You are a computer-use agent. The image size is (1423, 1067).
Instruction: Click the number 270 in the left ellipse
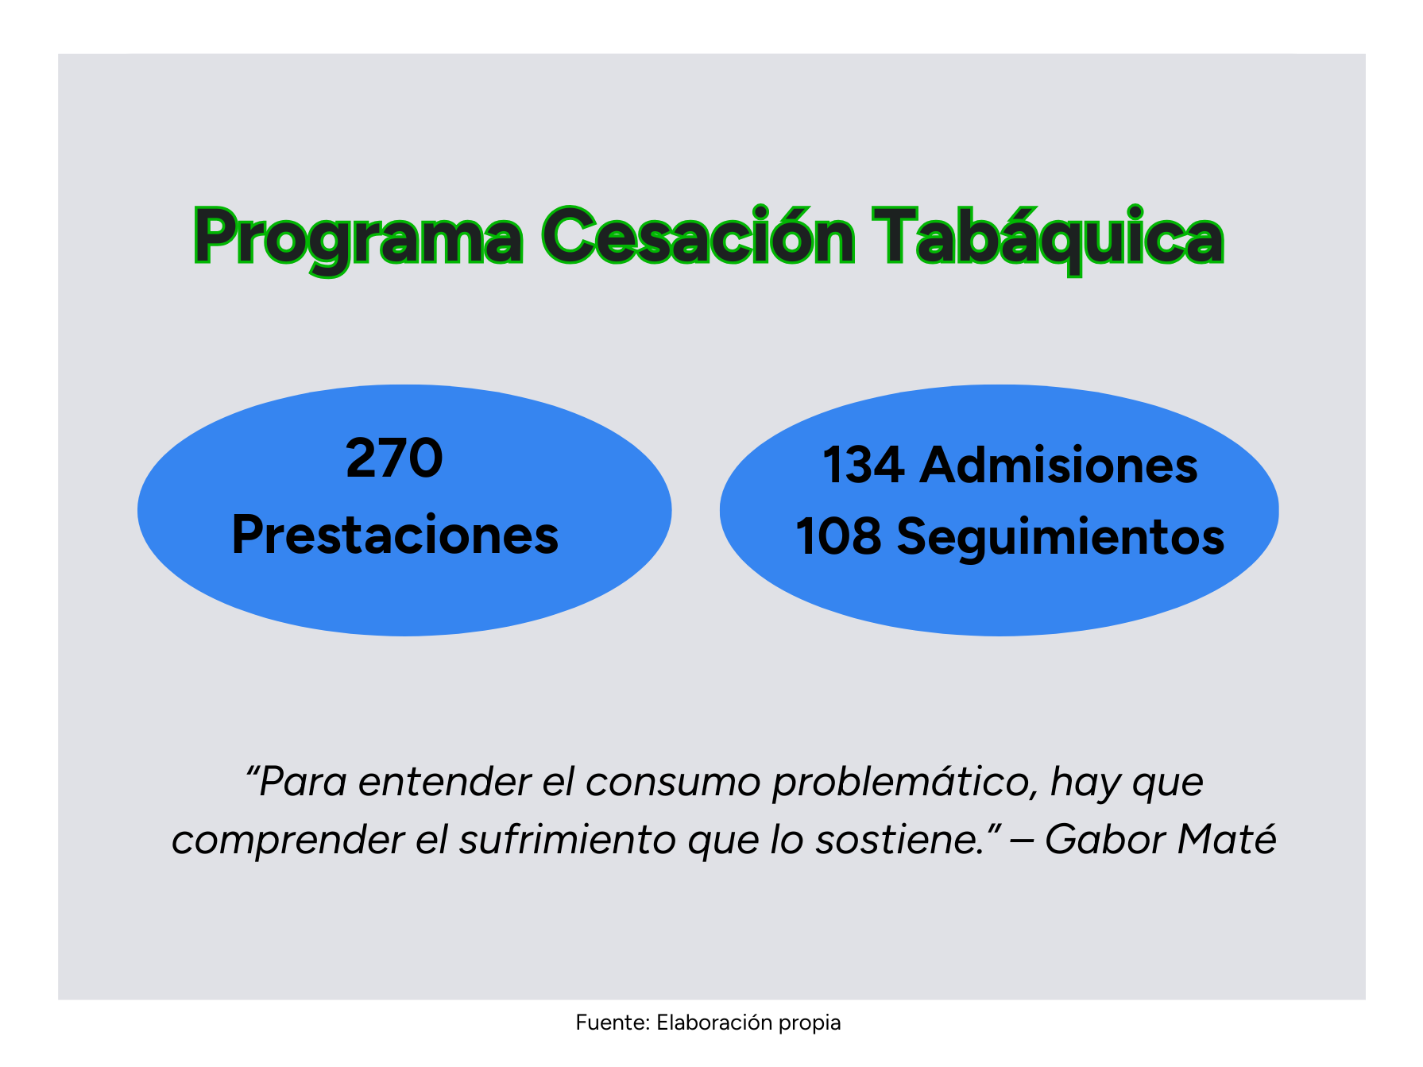click(394, 458)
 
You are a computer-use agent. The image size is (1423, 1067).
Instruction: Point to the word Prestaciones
click(395, 535)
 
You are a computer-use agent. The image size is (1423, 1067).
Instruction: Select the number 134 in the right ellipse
click(864, 465)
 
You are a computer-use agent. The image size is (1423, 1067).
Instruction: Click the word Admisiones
click(1058, 465)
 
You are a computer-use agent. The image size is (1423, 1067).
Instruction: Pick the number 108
click(839, 536)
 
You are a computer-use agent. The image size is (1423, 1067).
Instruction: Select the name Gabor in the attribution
click(1105, 841)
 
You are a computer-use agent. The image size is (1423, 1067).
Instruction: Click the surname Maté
click(1228, 839)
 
